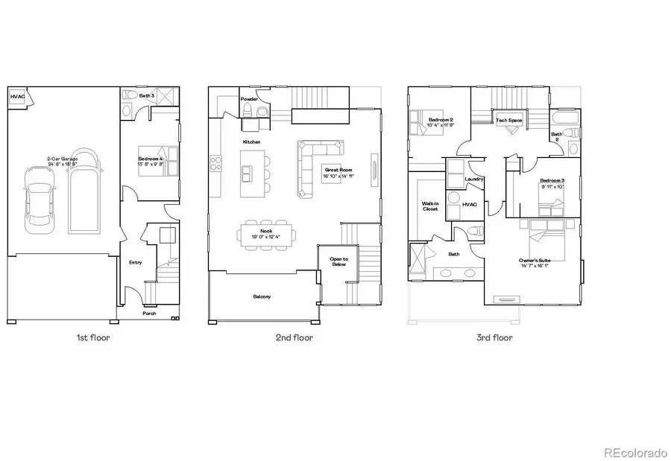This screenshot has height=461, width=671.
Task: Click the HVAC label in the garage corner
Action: point(16,97)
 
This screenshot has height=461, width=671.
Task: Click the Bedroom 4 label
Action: point(151,159)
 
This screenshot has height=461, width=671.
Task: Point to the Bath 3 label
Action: point(147,95)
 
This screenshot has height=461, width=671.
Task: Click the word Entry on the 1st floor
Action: point(135,262)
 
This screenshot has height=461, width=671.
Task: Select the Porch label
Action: point(150,314)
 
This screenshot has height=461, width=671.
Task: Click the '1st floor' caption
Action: point(93,337)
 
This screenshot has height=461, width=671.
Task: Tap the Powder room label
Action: point(249,99)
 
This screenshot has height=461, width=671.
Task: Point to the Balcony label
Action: point(262,296)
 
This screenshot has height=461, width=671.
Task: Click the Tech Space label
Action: point(510,120)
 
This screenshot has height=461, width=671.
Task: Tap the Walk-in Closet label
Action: point(430,205)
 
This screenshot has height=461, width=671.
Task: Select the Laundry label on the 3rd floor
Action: point(473,179)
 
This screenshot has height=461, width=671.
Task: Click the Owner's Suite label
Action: point(535,261)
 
